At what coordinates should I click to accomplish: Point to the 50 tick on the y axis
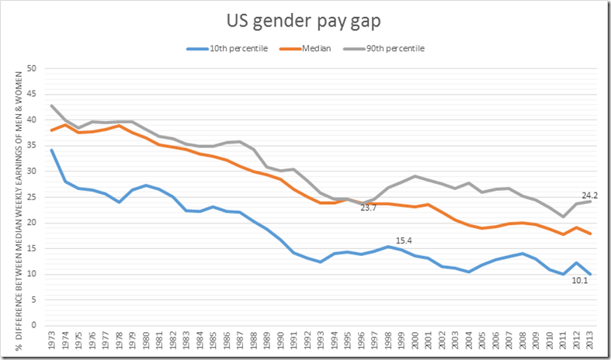32,68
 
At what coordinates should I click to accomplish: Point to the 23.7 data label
369,208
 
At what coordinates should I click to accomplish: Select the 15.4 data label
404,240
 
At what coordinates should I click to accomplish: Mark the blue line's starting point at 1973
52,150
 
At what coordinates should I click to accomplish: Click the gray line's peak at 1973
52,106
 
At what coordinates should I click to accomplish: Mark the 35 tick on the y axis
32,145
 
